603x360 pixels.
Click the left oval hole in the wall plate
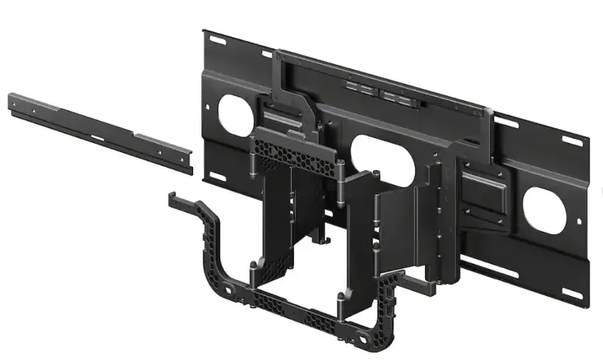coord(236,111)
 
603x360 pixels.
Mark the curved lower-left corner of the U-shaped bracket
coord(216,279)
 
